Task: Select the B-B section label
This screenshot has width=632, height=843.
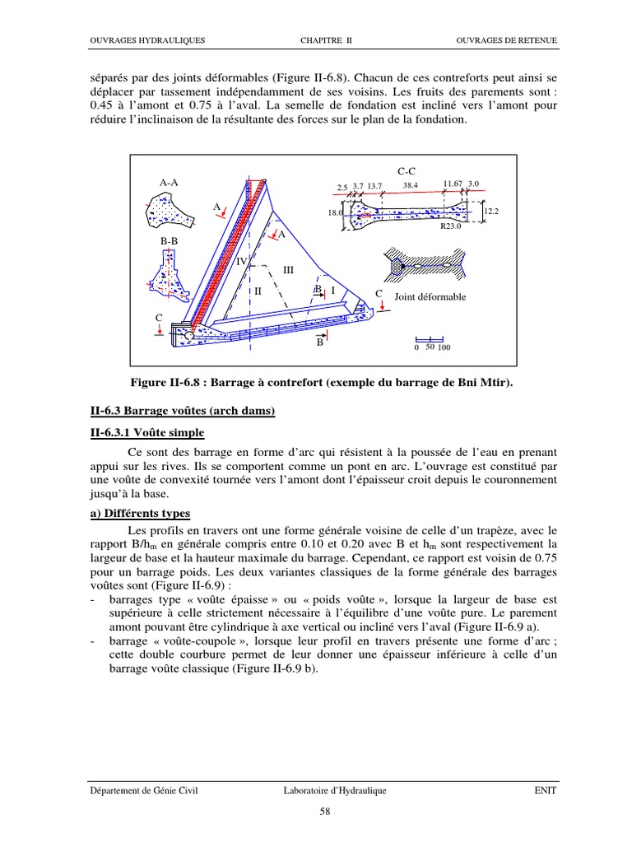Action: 170,241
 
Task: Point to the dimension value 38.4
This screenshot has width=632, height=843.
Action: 411,186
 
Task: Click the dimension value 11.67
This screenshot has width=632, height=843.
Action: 453,184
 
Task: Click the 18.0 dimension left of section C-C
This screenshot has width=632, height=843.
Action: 336,212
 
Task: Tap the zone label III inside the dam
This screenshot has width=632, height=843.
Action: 288,269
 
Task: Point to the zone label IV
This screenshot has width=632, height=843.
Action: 242,261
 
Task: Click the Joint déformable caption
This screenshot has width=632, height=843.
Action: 430,296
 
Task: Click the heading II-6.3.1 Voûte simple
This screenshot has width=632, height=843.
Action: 147,433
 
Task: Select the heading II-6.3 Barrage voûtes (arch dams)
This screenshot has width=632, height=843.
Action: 182,412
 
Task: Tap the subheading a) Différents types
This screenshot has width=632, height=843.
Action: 140,513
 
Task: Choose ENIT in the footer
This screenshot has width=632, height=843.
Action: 544,790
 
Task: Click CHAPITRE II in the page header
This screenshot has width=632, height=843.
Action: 326,40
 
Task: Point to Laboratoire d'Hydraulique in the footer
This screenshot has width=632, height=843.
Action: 333,790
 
